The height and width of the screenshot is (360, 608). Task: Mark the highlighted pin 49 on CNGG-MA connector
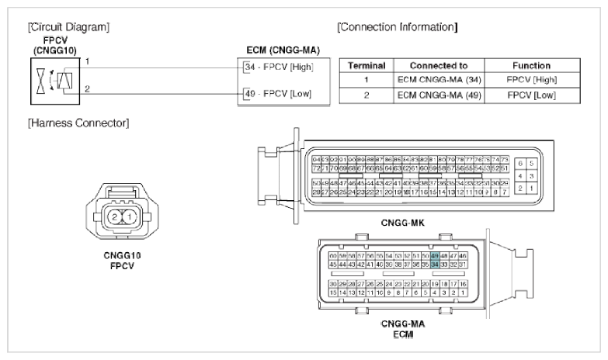436,255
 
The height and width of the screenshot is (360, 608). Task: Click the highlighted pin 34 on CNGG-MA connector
436,265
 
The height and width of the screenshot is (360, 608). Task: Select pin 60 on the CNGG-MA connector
333,255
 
